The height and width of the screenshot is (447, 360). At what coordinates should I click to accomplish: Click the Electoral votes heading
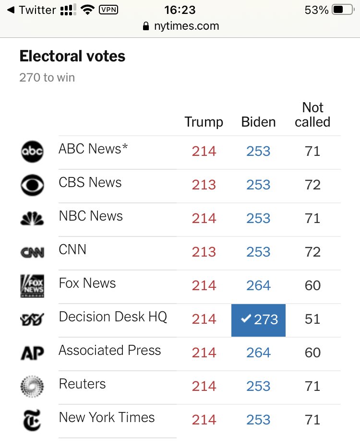tap(72, 56)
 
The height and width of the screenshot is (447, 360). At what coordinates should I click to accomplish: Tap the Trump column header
tap(204, 122)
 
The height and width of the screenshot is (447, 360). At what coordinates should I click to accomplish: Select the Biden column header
tap(258, 122)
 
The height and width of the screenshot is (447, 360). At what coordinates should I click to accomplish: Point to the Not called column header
tap(312, 115)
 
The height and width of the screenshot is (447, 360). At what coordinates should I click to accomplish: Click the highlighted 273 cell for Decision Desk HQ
tap(259, 319)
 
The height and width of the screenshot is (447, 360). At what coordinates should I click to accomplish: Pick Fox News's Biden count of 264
tap(258, 286)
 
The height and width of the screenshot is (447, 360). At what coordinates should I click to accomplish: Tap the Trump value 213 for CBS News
tap(204, 185)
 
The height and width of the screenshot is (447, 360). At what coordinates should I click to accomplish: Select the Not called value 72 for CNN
tap(312, 252)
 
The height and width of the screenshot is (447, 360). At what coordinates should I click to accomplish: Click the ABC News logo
tap(32, 152)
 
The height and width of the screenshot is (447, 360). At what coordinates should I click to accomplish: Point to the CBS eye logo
tap(32, 185)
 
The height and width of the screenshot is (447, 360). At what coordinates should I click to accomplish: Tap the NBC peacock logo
tap(32, 219)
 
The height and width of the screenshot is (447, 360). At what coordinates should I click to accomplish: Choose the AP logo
tap(32, 353)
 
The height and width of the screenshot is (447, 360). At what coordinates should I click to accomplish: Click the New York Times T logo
tap(32, 420)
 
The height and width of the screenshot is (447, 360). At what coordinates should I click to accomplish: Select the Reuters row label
tap(82, 384)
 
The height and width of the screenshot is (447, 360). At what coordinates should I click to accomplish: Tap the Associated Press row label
tap(110, 350)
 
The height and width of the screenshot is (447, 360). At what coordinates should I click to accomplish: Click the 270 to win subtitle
tap(47, 77)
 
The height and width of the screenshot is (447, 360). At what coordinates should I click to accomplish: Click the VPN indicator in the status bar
tap(108, 10)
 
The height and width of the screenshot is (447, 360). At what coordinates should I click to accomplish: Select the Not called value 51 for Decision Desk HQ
tap(312, 319)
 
